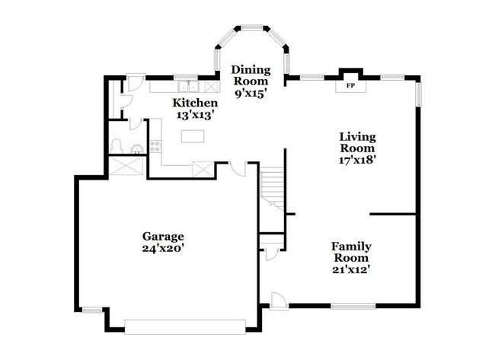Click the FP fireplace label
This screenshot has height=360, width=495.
click(350, 85)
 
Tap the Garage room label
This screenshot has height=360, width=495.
click(163, 236)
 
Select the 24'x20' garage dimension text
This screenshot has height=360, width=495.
click(163, 248)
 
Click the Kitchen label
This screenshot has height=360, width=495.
click(195, 103)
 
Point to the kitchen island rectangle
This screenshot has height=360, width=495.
click(193, 136)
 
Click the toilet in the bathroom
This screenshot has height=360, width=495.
click(117, 146)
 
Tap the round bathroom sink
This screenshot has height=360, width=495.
click(137, 149)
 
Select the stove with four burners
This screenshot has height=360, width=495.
click(155, 147)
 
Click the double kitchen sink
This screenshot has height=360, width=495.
click(188, 87)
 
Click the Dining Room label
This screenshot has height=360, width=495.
click(251, 75)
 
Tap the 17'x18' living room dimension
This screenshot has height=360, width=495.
click(357, 160)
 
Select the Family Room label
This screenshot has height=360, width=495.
click(351, 252)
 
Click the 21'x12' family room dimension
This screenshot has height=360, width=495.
click(351, 269)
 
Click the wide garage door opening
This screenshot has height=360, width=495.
click(185, 327)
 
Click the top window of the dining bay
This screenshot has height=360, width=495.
click(252, 27)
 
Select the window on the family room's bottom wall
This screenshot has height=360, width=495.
click(353, 306)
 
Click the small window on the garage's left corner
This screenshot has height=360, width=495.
click(92, 311)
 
